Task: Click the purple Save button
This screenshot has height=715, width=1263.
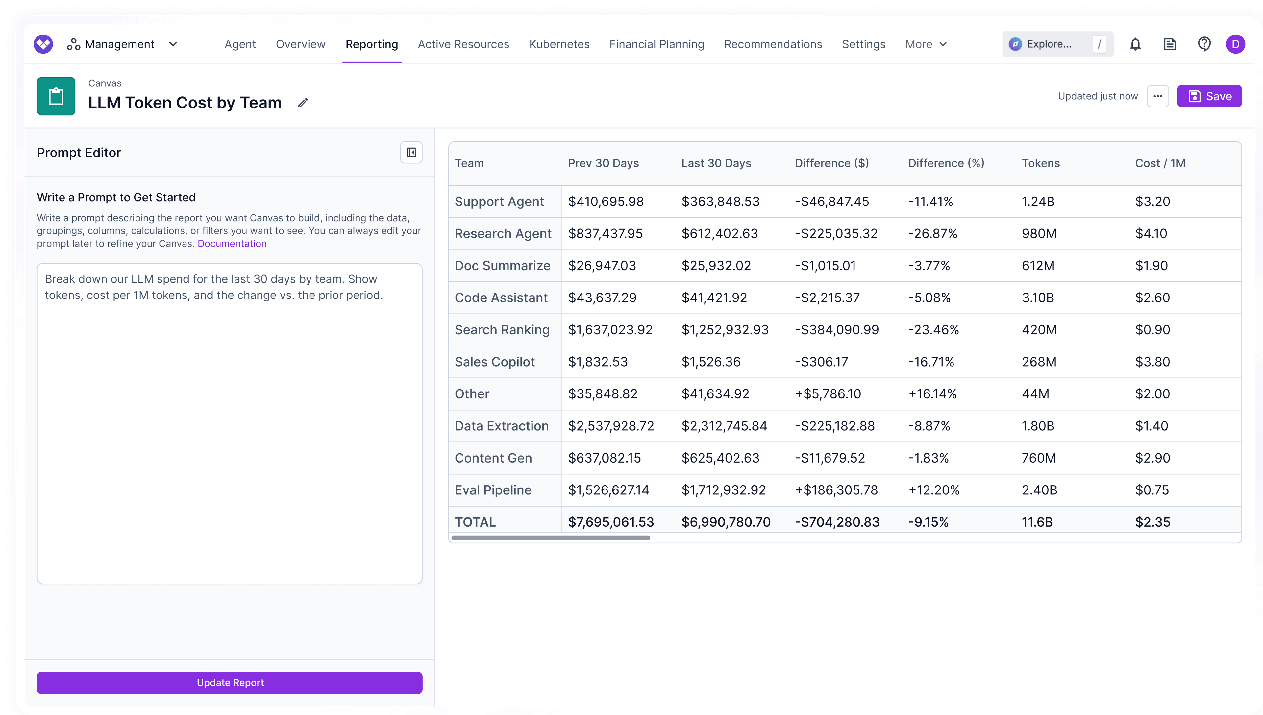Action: pyautogui.click(x=1209, y=96)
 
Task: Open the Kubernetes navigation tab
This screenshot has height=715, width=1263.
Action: pyautogui.click(x=559, y=44)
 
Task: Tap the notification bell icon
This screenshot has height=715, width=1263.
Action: pyautogui.click(x=1135, y=44)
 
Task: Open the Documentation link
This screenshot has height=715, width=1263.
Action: pyautogui.click(x=232, y=244)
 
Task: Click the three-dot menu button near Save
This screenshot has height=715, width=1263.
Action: pyautogui.click(x=1157, y=96)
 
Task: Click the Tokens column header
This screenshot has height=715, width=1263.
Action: pyautogui.click(x=1040, y=163)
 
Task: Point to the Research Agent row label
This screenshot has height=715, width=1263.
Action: pyautogui.click(x=503, y=234)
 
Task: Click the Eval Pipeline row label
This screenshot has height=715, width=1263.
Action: pyautogui.click(x=493, y=490)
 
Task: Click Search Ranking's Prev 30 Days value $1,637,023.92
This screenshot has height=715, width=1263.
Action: pyautogui.click(x=610, y=330)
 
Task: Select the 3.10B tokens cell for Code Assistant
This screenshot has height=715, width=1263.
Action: pyautogui.click(x=1037, y=298)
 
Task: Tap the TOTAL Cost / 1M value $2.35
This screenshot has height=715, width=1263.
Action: pyautogui.click(x=1152, y=522)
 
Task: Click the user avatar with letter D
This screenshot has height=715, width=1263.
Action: pyautogui.click(x=1235, y=44)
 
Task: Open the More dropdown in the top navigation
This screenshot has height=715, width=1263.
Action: pyautogui.click(x=926, y=44)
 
